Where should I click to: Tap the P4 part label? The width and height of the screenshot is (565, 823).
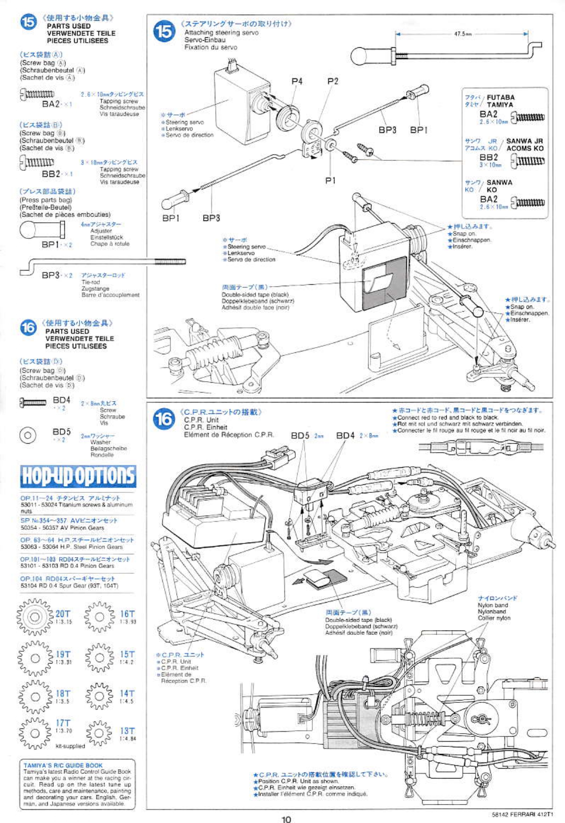pos(297,81)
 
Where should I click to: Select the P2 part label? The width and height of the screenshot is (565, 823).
pos(333,81)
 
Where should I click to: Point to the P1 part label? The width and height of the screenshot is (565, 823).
pos(330,180)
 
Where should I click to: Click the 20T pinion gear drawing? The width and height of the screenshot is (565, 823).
pos(35,617)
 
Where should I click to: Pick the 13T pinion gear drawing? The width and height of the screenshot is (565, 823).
pos(99,733)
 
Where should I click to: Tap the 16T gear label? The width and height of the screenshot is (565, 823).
pos(127,614)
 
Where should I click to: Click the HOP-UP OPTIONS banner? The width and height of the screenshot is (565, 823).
pos(78,476)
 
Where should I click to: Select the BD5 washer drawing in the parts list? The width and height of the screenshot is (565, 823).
pos(27,435)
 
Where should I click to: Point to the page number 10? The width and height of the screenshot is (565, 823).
pos(286,819)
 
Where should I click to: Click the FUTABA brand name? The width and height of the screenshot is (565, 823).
pos(501,97)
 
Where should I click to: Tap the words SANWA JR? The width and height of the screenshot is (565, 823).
pos(525,141)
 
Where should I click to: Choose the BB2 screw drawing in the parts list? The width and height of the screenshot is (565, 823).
pos(37,163)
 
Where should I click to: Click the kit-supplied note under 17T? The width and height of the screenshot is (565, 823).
pos(70,746)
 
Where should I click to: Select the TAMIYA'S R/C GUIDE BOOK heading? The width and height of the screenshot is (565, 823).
pos(63,765)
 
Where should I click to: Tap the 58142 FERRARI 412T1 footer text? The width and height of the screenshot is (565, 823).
pos(522,814)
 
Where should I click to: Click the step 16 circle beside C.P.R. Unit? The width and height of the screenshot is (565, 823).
pos(164,419)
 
